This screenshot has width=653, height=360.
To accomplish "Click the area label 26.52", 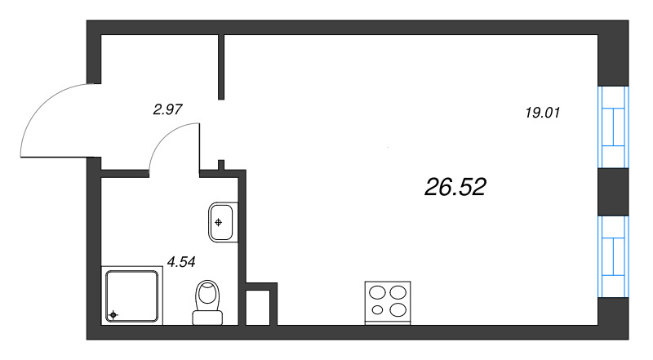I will [x=455, y=188].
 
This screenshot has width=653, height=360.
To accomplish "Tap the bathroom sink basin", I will [x=221, y=221].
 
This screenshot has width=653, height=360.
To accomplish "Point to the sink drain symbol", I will [x=218, y=220].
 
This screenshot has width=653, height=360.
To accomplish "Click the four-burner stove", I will [x=387, y=300].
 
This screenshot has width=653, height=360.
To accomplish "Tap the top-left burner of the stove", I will [x=378, y=292].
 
